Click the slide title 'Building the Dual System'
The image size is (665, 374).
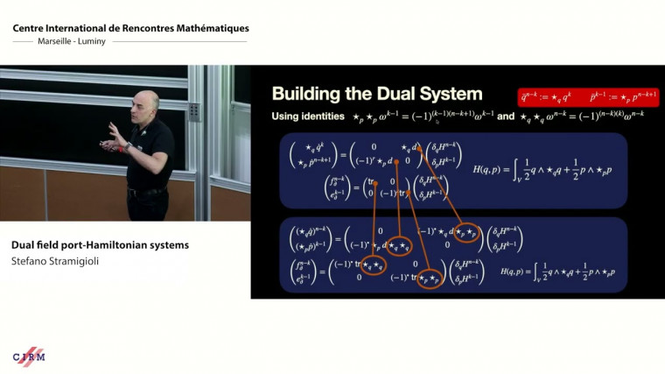(376, 94)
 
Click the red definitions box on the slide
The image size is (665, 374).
(588, 97)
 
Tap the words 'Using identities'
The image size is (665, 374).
(303, 116)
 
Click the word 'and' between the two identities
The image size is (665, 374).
(506, 116)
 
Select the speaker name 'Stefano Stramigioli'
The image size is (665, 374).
(54, 260)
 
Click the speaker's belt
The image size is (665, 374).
(147, 190)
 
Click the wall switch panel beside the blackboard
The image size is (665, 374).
(193, 111)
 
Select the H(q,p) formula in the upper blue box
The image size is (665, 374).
(542, 168)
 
